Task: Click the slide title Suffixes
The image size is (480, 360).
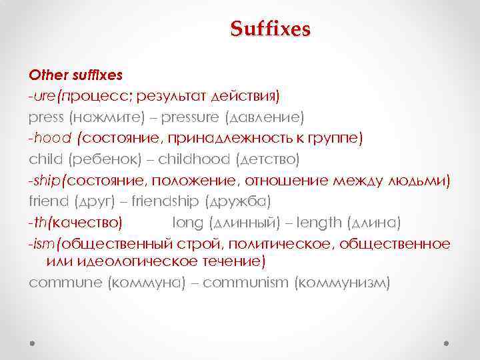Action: pos(270,29)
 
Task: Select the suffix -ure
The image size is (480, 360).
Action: pos(42,95)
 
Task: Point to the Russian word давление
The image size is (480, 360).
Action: pos(265,117)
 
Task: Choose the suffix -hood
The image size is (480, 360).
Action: pos(51,138)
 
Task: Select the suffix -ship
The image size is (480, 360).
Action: pos(45,181)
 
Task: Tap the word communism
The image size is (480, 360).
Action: pos(244,283)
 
